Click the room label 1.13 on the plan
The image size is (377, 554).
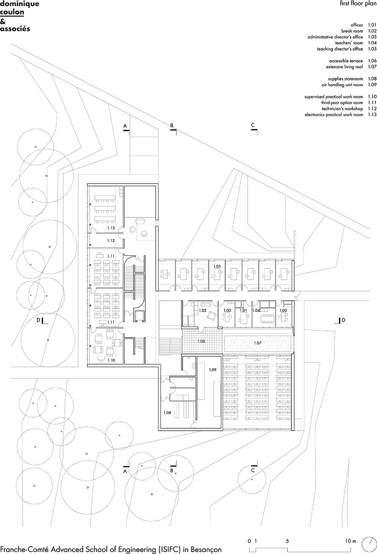pos(111,228)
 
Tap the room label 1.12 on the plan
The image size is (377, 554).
pos(111,240)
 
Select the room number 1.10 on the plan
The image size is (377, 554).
pos(111,360)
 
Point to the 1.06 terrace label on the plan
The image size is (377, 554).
pos(201,341)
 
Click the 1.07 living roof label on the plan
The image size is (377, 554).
pos(258,343)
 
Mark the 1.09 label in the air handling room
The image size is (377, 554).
pos(212,370)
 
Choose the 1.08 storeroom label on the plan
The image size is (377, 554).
pos(167,413)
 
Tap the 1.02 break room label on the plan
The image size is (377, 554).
pos(203,310)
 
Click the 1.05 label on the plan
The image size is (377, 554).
pos(283,310)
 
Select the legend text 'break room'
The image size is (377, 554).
pos(352,31)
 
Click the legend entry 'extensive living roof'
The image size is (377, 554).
pos(344,67)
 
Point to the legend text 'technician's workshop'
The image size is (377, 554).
pos(342,108)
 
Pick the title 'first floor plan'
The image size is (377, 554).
pos(358,4)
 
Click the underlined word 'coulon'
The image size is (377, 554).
pos(12,12)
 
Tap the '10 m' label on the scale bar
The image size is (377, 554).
pos(351,541)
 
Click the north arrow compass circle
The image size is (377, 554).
pos(369,544)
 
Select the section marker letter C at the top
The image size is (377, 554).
pos(253,125)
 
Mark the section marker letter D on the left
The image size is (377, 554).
pos(38,320)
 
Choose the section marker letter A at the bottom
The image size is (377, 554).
pos(125,471)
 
